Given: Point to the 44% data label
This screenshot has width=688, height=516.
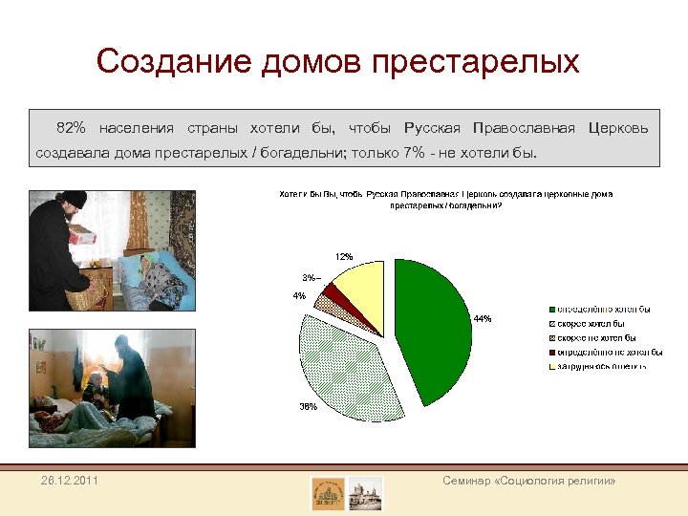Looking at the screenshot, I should click(x=482, y=319).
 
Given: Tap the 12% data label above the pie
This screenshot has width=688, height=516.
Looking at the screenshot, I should click(x=343, y=256).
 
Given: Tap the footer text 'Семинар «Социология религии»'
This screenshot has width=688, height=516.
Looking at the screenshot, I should click(x=528, y=480).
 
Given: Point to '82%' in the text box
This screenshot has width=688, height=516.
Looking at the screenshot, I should click(x=71, y=128).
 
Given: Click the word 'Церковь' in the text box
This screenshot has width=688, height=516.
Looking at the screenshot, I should click(x=618, y=128).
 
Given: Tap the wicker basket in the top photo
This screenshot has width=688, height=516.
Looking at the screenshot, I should click(x=86, y=291).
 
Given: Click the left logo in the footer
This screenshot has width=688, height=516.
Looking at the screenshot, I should click(x=328, y=493).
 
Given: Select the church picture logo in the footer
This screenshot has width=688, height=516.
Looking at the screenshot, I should click(x=365, y=493).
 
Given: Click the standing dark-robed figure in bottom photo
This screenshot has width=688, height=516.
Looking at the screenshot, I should click(x=132, y=377).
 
